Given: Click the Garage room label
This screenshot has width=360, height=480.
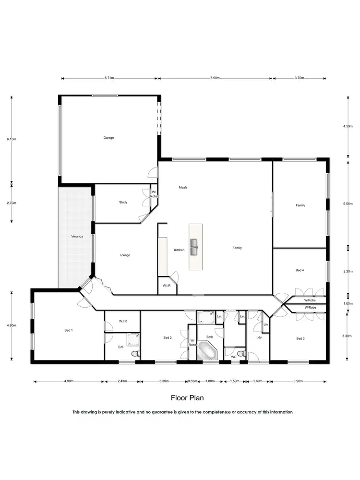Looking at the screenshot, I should click(x=108, y=138).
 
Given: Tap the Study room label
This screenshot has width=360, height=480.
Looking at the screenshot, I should click(x=123, y=203).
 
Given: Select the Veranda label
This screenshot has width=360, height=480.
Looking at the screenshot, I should click(x=76, y=237).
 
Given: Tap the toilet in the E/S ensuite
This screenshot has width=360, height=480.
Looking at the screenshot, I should click(x=136, y=354).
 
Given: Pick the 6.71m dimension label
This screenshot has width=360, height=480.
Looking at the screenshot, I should click(x=109, y=78).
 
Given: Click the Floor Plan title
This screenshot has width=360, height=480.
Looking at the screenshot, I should click(x=187, y=398).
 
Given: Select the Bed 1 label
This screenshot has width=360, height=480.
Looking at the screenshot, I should click(x=69, y=331).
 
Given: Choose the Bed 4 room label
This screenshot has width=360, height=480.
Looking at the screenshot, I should click(x=300, y=271).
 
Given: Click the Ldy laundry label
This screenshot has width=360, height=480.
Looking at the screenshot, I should click(x=259, y=337).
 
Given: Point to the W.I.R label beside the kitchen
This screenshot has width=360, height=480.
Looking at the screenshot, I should click(x=167, y=286).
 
